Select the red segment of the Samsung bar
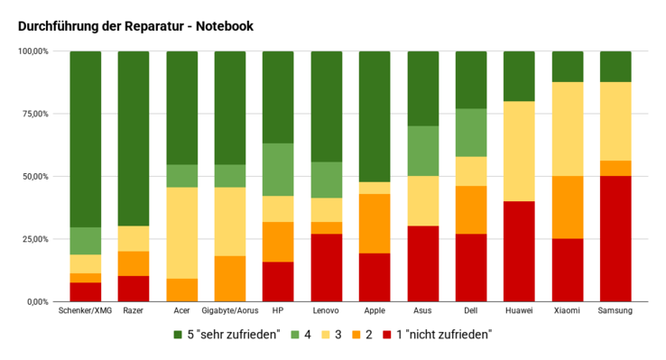615,238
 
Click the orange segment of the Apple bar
375,224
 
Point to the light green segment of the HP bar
278,170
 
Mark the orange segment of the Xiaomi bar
567,207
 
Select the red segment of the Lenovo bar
326,267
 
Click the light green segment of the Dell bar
470,133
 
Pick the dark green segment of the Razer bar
134,138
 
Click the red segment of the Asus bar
422,263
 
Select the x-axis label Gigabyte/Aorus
229,311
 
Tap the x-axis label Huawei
519,311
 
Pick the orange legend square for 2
355,335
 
